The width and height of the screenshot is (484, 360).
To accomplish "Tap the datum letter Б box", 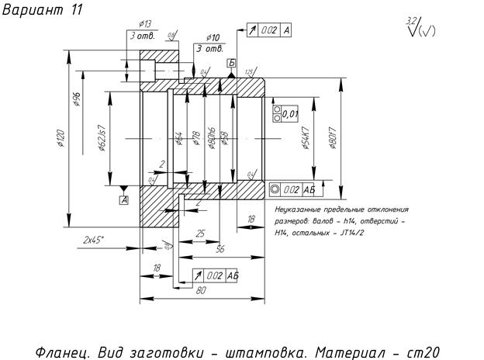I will click(x=230, y=61).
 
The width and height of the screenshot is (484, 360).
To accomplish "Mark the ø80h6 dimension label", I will click(x=212, y=140).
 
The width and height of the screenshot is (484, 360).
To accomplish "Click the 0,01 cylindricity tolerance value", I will click(x=291, y=114).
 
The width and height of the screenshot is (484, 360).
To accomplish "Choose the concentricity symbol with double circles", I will click(x=275, y=189).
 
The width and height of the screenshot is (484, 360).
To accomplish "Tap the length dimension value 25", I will click(x=200, y=233).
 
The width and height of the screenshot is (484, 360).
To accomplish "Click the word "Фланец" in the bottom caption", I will click(x=63, y=350).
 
